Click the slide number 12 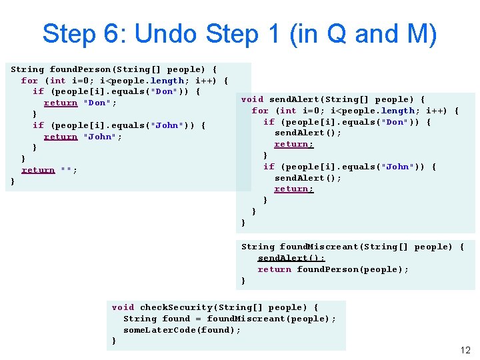click(x=465, y=351)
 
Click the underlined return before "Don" click(x=61, y=103)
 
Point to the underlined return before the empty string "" click(x=38, y=170)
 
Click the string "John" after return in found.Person click(x=100, y=137)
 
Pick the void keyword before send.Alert click(x=252, y=99)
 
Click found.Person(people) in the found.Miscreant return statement click(x=353, y=269)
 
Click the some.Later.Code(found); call click(x=182, y=330)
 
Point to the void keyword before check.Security click(x=123, y=307)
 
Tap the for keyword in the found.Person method click(x=29, y=81)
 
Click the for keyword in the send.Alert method click(x=260, y=111)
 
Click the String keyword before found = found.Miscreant click(x=140, y=319)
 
